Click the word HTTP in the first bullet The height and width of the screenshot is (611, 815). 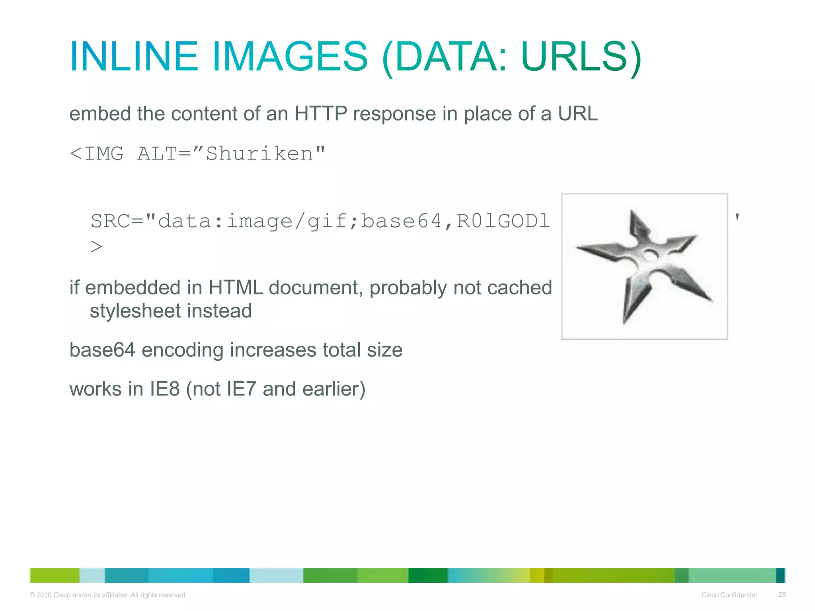click(x=321, y=114)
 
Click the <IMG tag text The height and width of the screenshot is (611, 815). click(x=97, y=154)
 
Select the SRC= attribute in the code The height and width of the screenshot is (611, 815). click(x=117, y=221)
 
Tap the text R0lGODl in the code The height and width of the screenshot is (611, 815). click(x=503, y=221)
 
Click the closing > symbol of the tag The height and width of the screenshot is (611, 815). click(x=96, y=247)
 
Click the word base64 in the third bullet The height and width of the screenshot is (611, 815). click(x=102, y=350)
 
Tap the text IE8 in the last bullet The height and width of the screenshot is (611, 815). click(x=165, y=389)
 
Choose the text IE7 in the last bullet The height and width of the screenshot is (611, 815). click(x=241, y=389)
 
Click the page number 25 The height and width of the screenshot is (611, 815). click(x=782, y=595)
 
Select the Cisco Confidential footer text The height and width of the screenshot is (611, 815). click(x=729, y=595)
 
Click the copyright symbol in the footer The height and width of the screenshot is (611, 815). click(x=32, y=595)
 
